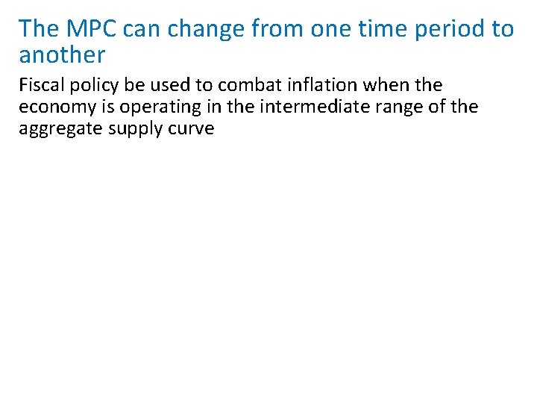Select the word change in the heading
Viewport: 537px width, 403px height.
point(196,29)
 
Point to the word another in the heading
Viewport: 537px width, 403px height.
point(62,54)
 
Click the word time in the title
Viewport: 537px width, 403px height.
point(375,29)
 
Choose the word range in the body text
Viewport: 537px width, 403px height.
point(407,107)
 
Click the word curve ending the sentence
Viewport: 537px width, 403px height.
point(193,128)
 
